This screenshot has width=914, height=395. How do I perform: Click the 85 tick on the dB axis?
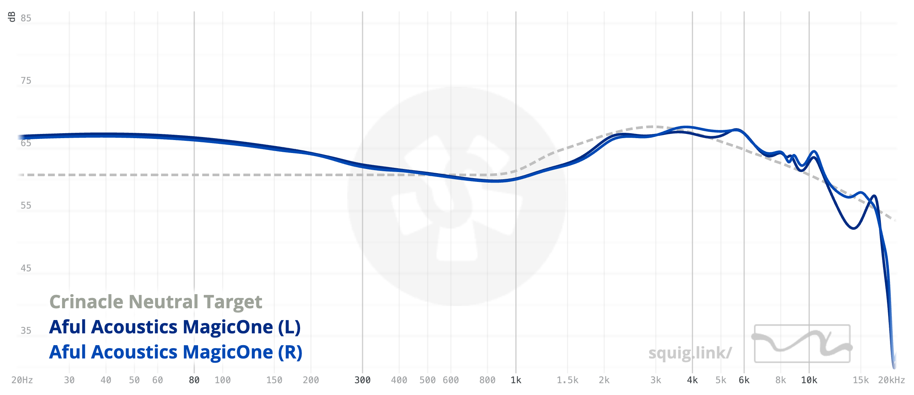click(26, 18)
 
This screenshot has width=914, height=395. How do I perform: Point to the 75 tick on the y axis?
click(26, 81)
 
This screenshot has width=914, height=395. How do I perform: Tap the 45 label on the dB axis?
click(26, 268)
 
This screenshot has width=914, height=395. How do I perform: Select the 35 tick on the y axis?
click(26, 331)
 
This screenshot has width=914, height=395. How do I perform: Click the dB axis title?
click(12, 17)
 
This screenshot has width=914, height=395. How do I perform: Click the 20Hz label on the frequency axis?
click(22, 380)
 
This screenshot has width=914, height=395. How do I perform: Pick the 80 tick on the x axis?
click(194, 380)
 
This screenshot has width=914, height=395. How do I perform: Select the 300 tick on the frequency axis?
click(363, 380)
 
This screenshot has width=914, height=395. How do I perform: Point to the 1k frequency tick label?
click(516, 380)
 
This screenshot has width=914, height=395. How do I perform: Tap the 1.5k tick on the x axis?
click(567, 380)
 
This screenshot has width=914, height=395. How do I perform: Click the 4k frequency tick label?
click(692, 380)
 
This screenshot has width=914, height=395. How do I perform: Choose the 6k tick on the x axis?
click(744, 380)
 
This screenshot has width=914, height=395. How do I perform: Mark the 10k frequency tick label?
click(809, 380)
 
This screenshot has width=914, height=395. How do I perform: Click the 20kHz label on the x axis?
click(892, 380)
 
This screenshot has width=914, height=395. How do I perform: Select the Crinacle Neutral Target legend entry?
click(156, 302)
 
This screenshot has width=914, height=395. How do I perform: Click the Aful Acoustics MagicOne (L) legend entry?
click(175, 327)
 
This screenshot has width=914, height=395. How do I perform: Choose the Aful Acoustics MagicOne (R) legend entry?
click(176, 352)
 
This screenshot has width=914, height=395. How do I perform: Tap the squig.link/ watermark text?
click(690, 353)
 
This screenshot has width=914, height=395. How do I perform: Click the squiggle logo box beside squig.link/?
click(802, 343)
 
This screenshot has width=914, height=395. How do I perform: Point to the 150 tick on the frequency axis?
click(274, 380)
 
